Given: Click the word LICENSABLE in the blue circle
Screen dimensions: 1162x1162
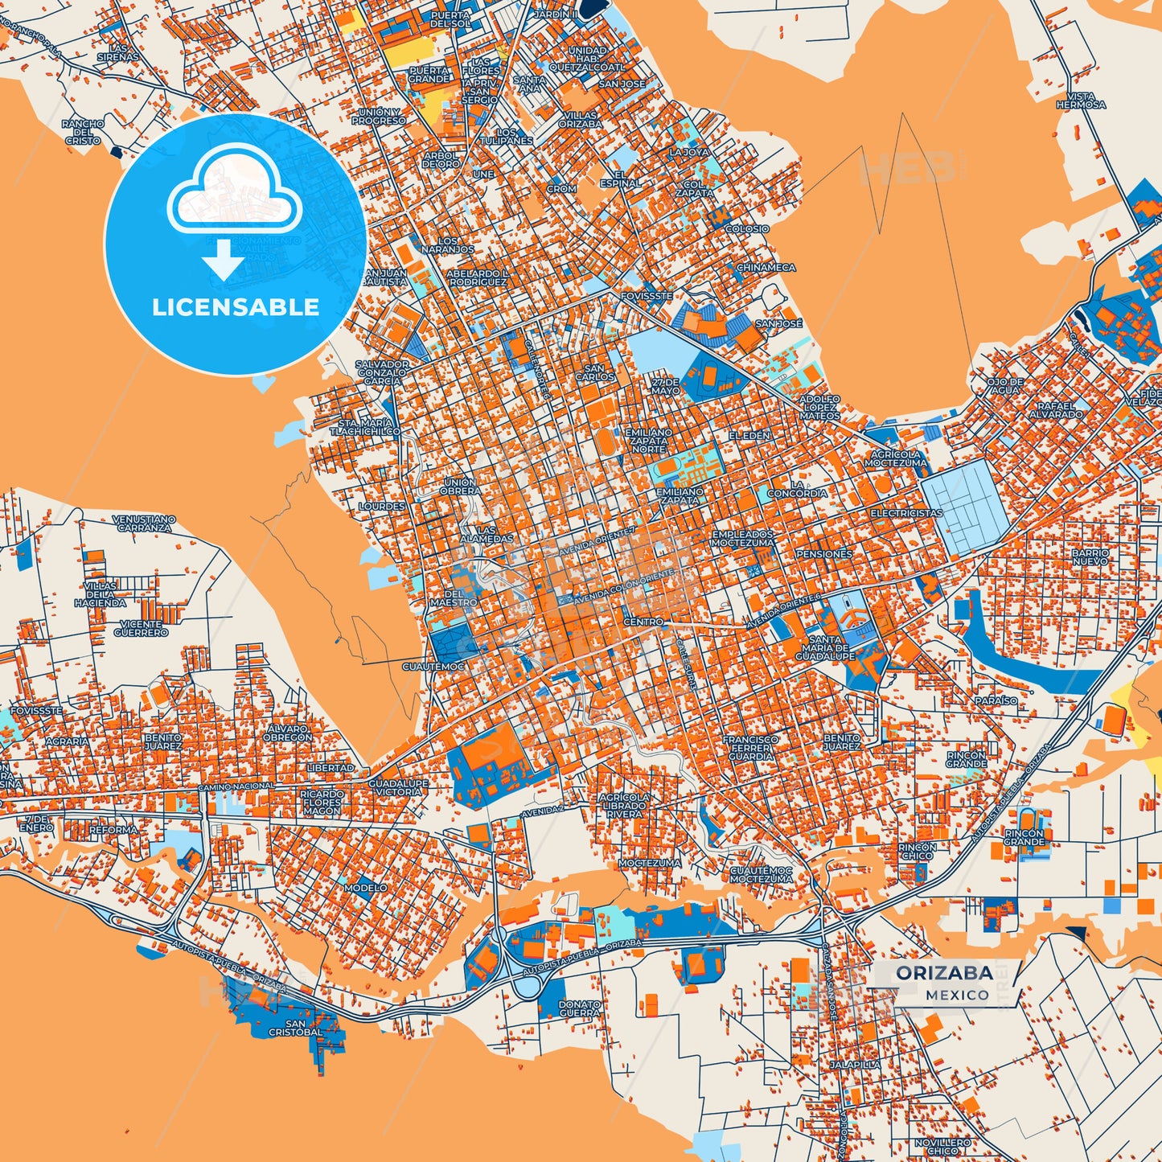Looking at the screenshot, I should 236,307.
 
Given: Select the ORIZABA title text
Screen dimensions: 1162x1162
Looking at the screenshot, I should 944,973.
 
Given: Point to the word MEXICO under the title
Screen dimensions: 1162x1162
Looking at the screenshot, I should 957,995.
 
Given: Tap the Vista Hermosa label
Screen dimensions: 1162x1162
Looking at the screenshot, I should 1081,101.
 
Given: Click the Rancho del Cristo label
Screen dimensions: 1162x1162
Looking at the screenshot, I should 83,132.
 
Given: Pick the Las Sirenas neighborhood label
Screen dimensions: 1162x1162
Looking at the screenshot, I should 118,53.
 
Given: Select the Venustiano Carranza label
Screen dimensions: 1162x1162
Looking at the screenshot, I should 143,524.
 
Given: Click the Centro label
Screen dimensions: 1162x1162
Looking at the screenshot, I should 643,622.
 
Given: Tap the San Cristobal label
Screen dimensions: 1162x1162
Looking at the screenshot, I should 295,1028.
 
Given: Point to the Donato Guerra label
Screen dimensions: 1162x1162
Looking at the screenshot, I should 580,1008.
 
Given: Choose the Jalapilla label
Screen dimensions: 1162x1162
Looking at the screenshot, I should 856,1064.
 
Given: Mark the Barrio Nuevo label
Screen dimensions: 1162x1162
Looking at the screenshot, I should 1090,556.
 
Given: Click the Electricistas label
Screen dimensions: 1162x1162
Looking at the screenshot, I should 906,513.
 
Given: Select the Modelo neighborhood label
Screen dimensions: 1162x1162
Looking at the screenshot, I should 365,888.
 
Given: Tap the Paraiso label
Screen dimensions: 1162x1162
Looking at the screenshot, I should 996,700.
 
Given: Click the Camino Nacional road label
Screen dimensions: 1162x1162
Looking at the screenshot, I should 236,786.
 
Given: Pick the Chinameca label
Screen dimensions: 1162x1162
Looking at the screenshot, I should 766,268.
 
